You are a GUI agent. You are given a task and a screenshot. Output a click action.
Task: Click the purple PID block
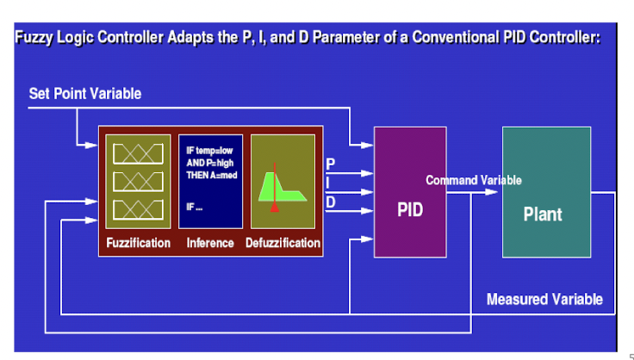tap(410, 192)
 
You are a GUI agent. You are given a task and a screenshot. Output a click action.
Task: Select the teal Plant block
tap(546, 192)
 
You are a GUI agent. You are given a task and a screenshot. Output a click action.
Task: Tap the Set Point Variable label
tap(85, 94)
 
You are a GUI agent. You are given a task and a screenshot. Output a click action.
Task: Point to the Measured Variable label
tap(544, 300)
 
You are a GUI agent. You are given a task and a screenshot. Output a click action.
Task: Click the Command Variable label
tap(474, 180)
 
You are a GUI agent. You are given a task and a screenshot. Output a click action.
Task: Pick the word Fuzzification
tap(139, 243)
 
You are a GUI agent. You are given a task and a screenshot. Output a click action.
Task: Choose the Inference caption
tap(210, 243)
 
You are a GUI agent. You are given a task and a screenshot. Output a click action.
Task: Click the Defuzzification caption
tap(283, 243)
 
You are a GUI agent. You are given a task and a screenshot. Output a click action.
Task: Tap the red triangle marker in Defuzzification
tap(275, 208)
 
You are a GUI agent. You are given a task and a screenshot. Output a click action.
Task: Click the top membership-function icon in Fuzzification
tap(139, 154)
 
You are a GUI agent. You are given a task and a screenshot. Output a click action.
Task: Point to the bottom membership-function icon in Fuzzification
tap(139, 209)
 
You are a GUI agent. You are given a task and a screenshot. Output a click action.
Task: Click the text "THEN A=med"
tap(212, 176)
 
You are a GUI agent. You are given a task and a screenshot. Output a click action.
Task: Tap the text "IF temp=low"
tap(209, 151)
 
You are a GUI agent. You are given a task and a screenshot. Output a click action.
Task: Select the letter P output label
tap(330, 164)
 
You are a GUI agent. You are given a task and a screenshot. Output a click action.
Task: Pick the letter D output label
tap(330, 202)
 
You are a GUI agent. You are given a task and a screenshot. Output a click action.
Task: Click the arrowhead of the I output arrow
tap(367, 192)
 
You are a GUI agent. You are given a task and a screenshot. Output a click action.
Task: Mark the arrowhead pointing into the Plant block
tap(491, 192)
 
